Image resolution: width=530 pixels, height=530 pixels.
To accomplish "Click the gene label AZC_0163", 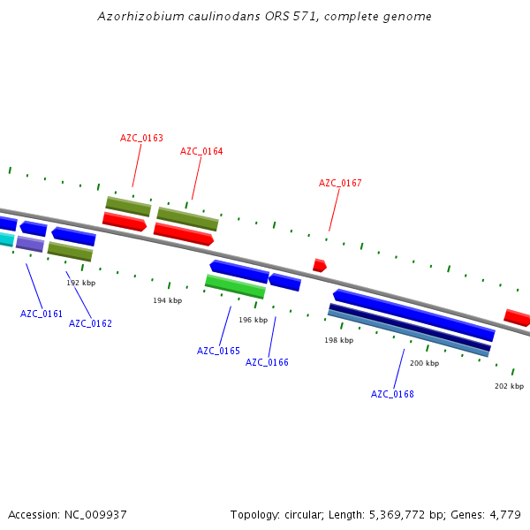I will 141,138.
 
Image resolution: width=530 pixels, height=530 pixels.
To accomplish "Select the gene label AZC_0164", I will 201,151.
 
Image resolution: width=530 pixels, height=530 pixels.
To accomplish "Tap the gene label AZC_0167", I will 340,183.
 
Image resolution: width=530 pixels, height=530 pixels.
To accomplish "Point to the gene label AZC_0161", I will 42,314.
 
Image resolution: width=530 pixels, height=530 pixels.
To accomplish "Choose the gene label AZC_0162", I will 90,323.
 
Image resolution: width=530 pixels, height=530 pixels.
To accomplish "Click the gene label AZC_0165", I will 218,351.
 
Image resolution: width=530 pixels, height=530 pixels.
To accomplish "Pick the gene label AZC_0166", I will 267,362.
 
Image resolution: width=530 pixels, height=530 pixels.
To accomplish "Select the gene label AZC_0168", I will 392,394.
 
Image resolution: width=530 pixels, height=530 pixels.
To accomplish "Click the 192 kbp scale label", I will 80,283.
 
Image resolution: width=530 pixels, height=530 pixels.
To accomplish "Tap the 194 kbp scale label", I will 167,300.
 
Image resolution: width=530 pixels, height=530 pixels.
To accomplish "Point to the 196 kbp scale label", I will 253,320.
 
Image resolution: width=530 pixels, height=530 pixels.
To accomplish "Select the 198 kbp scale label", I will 338,340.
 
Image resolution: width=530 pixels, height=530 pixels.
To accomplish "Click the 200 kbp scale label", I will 424,363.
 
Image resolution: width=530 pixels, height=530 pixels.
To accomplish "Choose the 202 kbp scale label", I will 509,386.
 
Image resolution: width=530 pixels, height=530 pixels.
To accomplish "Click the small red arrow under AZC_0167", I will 319,265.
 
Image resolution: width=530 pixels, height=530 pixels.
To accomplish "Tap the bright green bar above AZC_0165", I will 235,286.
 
